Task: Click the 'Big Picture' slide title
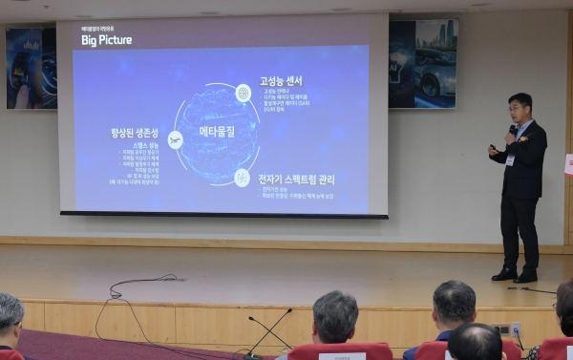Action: (106, 41)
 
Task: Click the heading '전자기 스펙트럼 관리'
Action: (297, 180)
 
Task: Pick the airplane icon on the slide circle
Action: (175, 139)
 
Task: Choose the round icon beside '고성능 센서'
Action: (244, 93)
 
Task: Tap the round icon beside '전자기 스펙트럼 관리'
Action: (243, 177)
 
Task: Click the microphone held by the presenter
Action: (512, 130)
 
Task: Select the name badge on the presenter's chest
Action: (510, 159)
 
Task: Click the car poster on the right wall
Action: (423, 64)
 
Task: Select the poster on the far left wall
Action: (31, 68)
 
